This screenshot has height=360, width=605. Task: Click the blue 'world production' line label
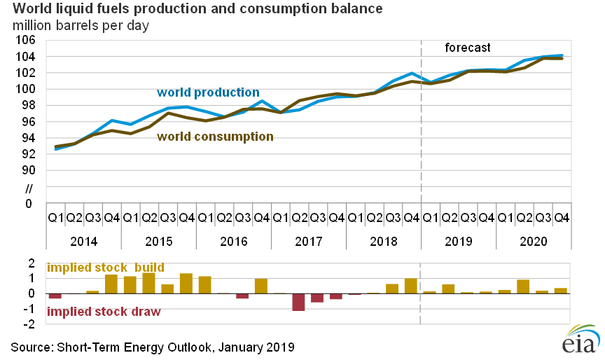pos(208,92)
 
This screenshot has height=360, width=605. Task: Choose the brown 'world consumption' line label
pos(214,137)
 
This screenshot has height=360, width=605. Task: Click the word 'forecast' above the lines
pos(468,48)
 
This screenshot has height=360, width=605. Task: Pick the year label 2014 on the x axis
pos(83,241)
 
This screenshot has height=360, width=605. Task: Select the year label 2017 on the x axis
pos(308,241)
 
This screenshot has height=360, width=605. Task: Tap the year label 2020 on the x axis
pos(533,241)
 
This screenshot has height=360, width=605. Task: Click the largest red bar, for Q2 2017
pos(299,302)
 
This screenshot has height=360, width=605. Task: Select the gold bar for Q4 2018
pos(411,286)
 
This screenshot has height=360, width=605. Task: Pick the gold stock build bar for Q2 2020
pos(523,286)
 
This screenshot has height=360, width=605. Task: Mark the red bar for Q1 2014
pos(55,296)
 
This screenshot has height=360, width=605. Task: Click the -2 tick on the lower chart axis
pos(32,324)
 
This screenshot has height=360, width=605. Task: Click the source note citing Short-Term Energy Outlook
pos(153,347)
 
